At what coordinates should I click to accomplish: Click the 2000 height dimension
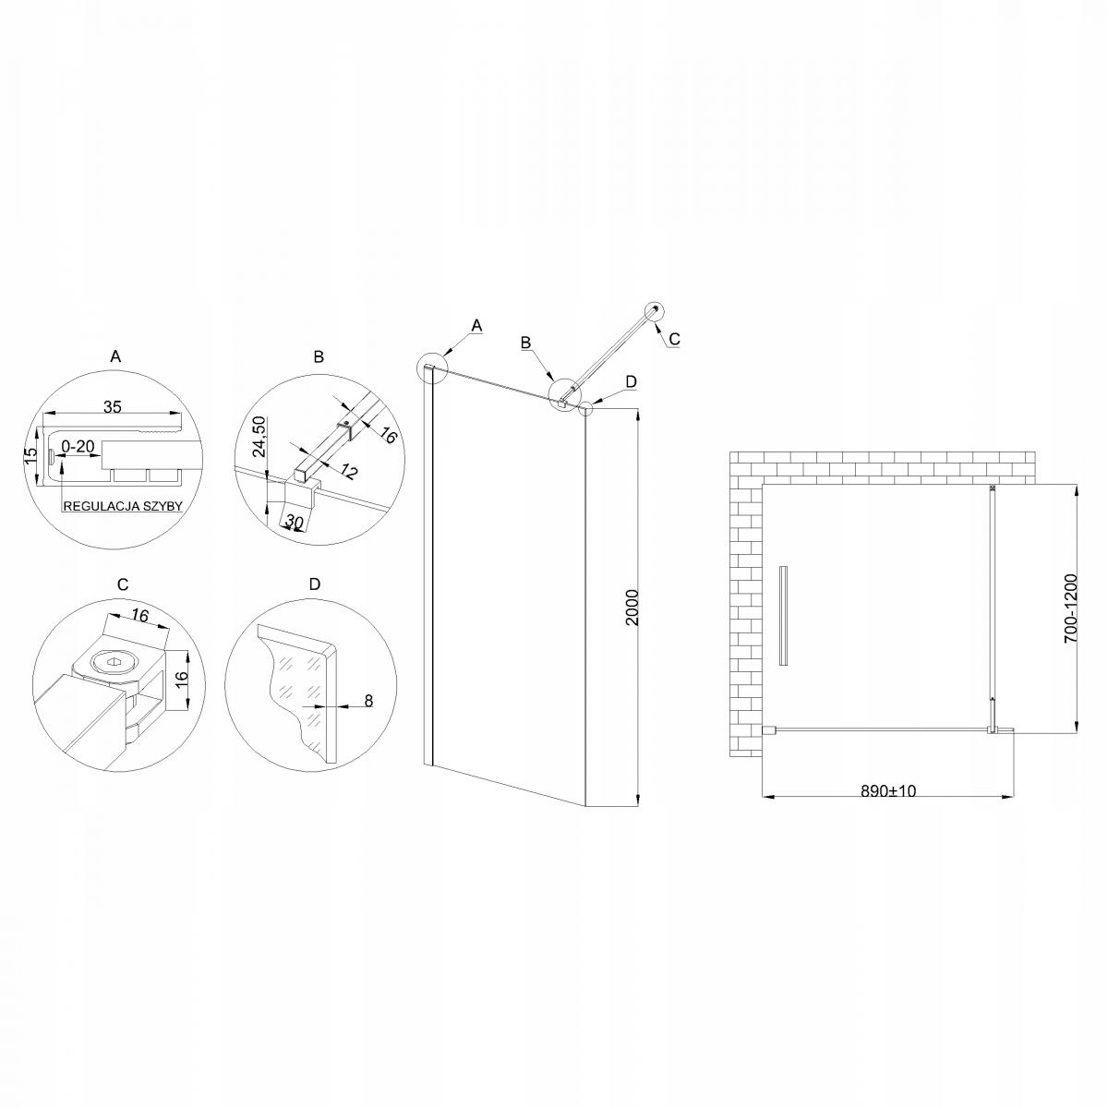(632, 608)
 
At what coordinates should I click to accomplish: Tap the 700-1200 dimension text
(1069, 608)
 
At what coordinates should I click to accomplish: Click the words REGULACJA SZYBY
(124, 506)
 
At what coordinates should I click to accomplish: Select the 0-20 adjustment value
(78, 446)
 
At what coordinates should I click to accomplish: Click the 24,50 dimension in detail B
(259, 436)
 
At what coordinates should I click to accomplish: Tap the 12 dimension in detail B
(348, 471)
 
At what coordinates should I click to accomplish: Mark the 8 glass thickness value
(367, 701)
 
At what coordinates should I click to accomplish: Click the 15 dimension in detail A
(31, 456)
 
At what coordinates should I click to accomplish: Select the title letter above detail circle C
(123, 584)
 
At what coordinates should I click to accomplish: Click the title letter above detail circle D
(315, 584)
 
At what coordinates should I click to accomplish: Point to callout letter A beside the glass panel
(476, 325)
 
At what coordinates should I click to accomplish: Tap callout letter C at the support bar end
(674, 340)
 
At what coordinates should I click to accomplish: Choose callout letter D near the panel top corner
(630, 380)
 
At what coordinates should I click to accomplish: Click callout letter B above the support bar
(525, 343)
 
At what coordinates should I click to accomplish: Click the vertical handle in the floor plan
(783, 616)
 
